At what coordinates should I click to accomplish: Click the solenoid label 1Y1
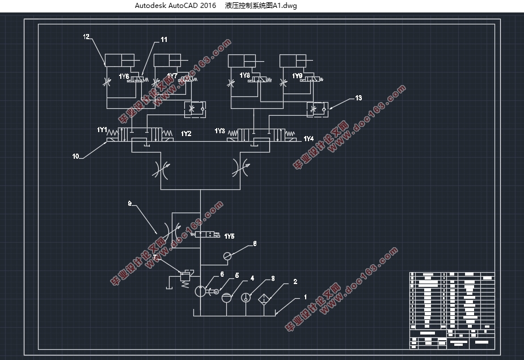(102, 130)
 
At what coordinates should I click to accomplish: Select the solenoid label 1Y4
(309, 139)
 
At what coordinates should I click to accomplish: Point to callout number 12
(86, 37)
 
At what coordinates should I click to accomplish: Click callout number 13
(358, 98)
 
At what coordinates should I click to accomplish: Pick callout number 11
(164, 40)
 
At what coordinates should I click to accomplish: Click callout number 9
(129, 202)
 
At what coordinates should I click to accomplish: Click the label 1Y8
(244, 75)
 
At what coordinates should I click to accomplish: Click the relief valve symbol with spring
(184, 277)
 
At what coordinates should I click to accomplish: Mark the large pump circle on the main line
(201, 291)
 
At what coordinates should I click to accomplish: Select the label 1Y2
(186, 134)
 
